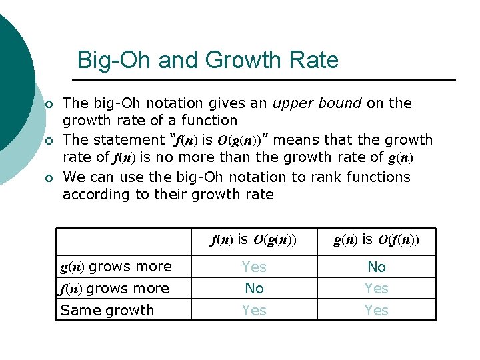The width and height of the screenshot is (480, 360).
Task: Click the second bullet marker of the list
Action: point(48,141)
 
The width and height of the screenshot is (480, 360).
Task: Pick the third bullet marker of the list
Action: point(48,178)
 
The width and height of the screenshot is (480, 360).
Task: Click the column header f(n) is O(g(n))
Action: point(253,239)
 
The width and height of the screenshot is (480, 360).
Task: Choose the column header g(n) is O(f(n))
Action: point(376,239)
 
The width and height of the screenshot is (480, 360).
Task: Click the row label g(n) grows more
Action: point(116,267)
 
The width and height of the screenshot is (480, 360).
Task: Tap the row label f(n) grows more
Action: point(114,289)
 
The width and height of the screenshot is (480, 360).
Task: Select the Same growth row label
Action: point(107,311)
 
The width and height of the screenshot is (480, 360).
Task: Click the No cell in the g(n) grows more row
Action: point(377,267)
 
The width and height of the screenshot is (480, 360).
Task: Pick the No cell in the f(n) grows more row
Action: point(254,289)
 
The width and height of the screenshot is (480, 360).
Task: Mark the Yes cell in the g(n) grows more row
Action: point(254,267)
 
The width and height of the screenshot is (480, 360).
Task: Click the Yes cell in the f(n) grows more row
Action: point(377,289)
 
